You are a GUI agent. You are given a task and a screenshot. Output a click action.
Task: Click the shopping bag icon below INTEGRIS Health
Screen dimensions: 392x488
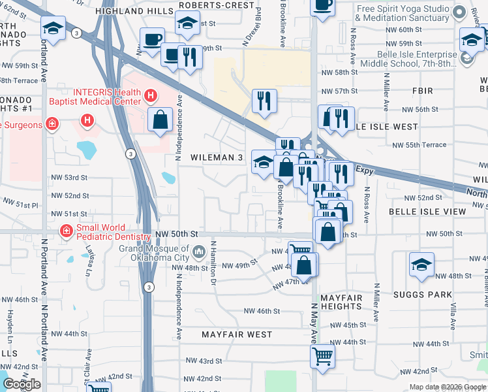point(160,120)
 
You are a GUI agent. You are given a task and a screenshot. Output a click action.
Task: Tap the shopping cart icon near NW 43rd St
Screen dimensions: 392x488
point(323,357)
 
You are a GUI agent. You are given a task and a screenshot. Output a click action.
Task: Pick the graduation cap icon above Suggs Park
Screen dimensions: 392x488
point(421,265)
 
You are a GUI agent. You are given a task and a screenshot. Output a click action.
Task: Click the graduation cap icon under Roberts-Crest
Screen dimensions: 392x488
point(188,24)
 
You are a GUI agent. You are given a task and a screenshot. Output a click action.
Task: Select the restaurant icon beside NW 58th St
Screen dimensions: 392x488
point(264,101)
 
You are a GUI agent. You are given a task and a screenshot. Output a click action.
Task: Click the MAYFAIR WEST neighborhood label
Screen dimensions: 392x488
point(236,335)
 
